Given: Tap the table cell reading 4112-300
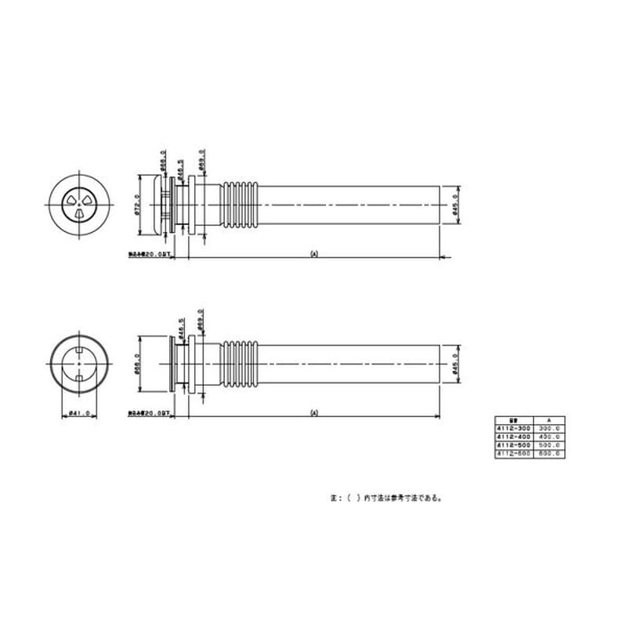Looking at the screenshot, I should click(x=514, y=429).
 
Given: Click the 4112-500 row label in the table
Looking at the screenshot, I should click(x=514, y=445).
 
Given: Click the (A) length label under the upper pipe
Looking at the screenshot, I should click(x=313, y=254).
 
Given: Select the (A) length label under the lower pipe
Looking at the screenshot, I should click(x=313, y=412).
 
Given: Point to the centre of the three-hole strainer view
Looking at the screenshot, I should click(x=81, y=205).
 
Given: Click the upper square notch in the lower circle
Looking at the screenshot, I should click(x=82, y=346).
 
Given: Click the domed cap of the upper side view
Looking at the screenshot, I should click(x=162, y=205).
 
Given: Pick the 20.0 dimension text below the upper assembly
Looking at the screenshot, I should click(x=157, y=254).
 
